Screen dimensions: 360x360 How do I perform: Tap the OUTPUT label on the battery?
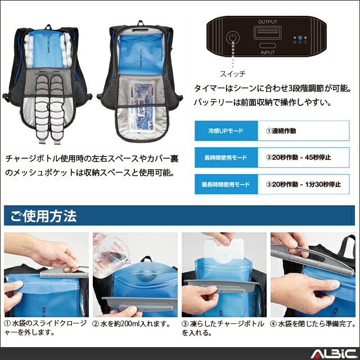pos(268,21)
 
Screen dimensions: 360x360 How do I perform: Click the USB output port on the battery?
pos(268,33)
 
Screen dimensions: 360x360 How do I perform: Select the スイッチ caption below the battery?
pos(232,74)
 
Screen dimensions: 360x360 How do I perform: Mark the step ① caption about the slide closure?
pos(45,328)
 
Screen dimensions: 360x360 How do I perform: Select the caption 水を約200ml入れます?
pos(133,323)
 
